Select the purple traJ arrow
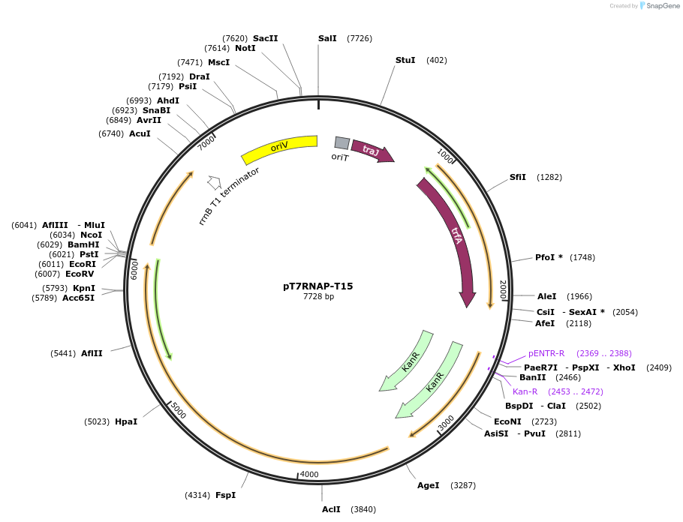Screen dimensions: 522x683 click(372, 151)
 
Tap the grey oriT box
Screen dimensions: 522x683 click(341, 142)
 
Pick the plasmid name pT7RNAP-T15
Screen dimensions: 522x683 click(317, 286)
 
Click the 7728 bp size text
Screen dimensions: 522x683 click(318, 297)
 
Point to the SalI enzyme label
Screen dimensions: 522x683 click(327, 38)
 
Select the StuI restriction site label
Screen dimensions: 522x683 click(405, 60)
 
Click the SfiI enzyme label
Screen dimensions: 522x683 click(518, 177)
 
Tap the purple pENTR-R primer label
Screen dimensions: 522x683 click(546, 353)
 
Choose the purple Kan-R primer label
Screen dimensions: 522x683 click(525, 391)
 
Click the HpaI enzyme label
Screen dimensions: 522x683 click(126, 421)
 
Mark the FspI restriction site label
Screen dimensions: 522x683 click(226, 495)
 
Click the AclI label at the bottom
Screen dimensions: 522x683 click(331, 509)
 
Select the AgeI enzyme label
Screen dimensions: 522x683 click(429, 485)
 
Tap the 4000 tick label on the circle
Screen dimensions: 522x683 click(309, 475)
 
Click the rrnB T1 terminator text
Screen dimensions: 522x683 click(229, 196)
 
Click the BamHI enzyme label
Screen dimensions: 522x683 click(83, 244)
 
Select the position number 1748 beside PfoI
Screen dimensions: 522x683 click(582, 257)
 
